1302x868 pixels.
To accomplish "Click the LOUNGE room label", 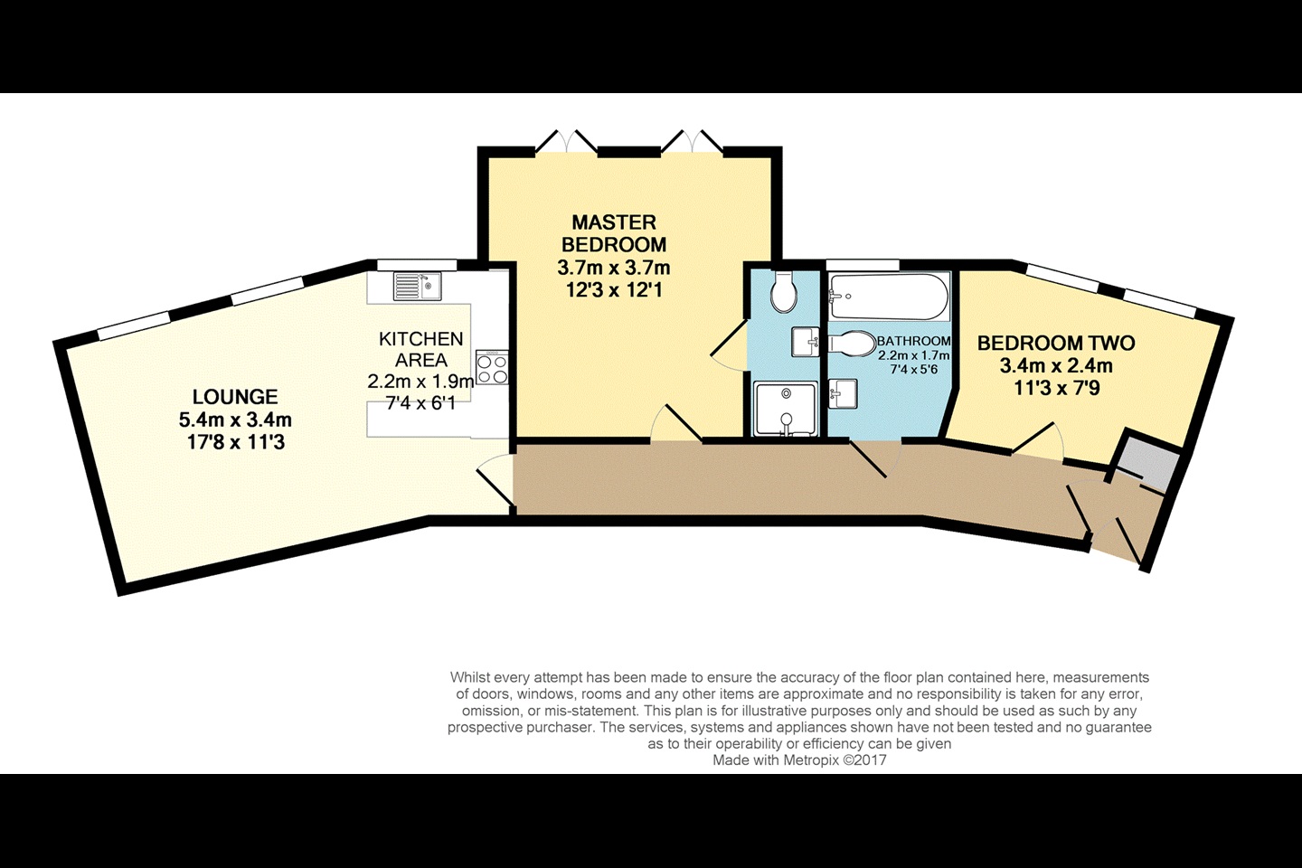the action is click(235, 397).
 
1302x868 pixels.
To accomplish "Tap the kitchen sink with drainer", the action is click(417, 286).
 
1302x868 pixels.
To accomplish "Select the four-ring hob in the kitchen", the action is click(492, 367).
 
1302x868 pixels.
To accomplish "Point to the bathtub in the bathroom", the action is click(888, 297).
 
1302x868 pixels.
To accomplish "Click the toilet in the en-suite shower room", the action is click(784, 292).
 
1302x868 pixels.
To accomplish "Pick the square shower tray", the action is click(785, 408).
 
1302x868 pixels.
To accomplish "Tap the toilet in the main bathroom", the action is click(852, 344).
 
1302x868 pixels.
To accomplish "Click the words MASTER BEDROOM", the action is click(614, 232).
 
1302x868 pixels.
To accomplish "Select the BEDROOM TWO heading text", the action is click(1055, 343).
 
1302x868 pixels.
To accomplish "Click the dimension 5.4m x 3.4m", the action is click(235, 420).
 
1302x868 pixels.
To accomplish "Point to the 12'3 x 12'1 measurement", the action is click(614, 289).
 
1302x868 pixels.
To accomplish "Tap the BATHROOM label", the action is click(914, 341).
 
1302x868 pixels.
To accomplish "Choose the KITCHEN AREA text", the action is click(420, 349).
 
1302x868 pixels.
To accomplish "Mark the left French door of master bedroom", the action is click(566, 142).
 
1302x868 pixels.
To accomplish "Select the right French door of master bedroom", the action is click(692, 142).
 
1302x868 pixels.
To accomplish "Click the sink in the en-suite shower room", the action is click(805, 342).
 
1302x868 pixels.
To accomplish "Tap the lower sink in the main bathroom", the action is click(843, 393).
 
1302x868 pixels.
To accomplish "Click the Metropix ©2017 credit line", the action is click(799, 759).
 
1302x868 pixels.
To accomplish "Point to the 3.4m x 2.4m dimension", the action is click(1055, 365).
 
